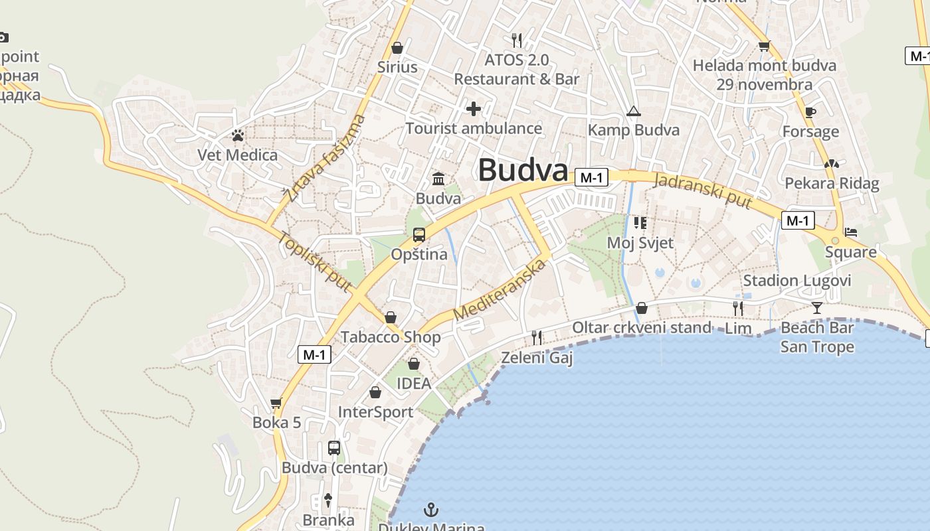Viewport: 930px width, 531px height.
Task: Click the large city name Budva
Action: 523,171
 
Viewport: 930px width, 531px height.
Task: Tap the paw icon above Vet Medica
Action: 238,135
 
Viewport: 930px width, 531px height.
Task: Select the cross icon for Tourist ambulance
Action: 474,108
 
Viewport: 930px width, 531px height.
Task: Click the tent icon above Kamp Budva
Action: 633,111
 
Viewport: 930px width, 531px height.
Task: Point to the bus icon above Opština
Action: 419,234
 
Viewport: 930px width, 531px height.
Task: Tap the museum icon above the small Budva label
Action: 438,179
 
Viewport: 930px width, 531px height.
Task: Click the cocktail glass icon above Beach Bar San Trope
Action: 817,307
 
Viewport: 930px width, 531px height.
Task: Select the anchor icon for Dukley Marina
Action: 432,510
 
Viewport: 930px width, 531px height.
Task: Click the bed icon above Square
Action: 851,232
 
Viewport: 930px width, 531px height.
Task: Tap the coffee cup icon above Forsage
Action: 810,112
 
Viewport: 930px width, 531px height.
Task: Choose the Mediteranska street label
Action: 500,290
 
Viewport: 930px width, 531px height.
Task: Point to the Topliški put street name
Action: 314,262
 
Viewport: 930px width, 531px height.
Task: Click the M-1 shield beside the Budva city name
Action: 591,177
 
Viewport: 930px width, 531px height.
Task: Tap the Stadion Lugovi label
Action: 796,280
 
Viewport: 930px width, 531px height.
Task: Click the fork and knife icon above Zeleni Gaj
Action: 537,338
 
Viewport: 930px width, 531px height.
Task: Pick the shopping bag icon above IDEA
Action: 414,364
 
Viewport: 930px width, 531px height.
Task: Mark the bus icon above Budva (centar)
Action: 334,448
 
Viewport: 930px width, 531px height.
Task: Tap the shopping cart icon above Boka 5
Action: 276,403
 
